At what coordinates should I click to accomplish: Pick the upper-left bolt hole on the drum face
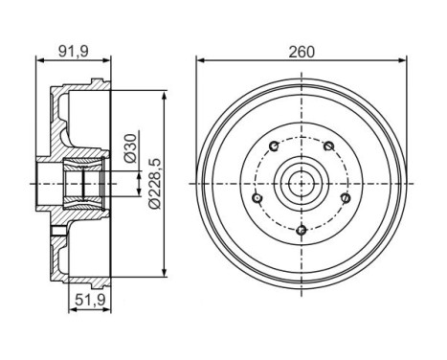pyautogui.click(x=274, y=146)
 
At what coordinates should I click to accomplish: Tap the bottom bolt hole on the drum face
pyautogui.click(x=301, y=229)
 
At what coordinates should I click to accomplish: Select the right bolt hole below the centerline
pyautogui.click(x=345, y=196)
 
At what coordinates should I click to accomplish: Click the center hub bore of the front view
pyautogui.click(x=301, y=182)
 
